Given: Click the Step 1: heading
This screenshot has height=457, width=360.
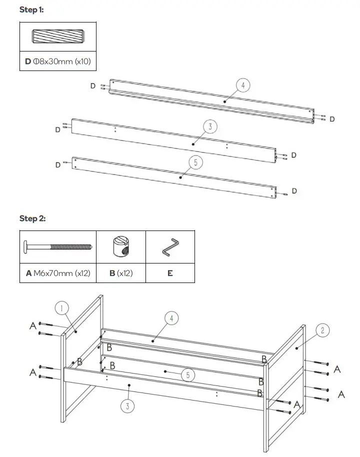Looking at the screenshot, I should coord(31,9).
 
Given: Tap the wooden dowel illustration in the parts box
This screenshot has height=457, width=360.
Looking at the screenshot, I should coord(58,37).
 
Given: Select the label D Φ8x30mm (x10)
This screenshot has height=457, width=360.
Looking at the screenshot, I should coord(58,61).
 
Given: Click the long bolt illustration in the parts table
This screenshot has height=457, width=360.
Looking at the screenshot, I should coord(57,247).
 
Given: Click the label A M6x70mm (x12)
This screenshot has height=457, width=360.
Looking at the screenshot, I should coord(57,274).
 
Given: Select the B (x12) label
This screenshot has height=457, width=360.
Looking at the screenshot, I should coord(120,274).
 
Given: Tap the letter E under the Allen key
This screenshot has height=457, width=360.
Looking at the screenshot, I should coord(170,274).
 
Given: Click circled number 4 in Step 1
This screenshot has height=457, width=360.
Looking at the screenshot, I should coord(242,85).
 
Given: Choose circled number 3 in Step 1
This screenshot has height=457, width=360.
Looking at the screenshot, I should coord(210,127).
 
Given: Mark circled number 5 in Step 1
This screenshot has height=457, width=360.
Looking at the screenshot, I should coord(195,162).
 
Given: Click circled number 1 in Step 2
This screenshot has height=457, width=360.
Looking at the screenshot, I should coord(61,308).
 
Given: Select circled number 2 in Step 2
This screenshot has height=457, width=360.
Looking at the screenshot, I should coord(322,330).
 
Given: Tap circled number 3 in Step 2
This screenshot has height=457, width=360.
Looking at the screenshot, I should coord(127,406).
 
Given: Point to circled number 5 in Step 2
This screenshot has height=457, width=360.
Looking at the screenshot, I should coord(188,375).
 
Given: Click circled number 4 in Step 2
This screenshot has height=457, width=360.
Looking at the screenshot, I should coord(171,318).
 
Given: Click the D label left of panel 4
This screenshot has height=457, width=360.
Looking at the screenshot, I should coord(93,86).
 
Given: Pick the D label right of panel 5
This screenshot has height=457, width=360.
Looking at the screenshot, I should coord(294,191).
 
